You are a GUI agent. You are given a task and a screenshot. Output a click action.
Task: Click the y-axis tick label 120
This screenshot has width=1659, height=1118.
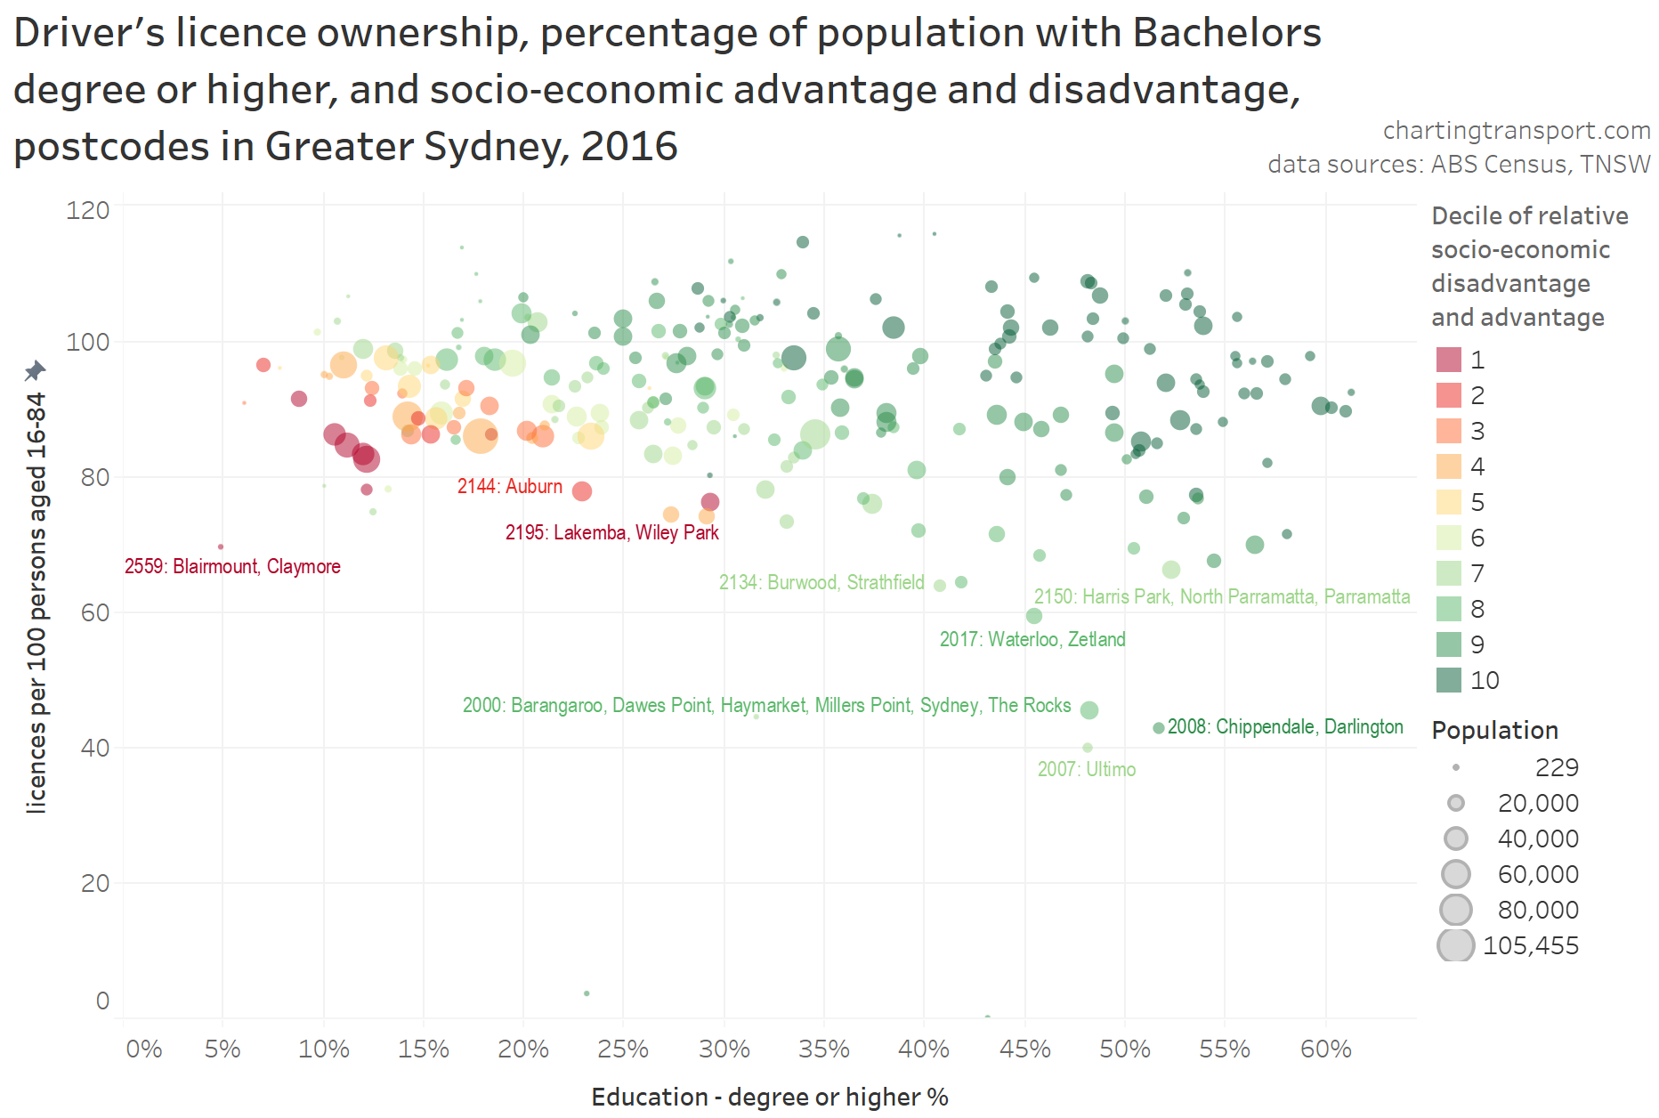(x=87, y=210)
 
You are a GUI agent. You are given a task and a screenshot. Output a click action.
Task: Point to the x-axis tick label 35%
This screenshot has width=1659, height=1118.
(x=823, y=1049)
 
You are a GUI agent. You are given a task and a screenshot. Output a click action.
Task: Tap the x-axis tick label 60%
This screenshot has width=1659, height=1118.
(x=1325, y=1049)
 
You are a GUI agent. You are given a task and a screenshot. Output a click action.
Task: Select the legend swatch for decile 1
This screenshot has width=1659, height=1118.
(x=1448, y=360)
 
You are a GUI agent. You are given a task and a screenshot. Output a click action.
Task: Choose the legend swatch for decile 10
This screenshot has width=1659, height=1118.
(x=1448, y=680)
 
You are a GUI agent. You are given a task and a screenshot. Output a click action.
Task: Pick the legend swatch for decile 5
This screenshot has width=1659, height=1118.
(x=1448, y=502)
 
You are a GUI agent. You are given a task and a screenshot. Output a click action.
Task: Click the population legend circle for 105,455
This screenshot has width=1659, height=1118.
(x=1455, y=945)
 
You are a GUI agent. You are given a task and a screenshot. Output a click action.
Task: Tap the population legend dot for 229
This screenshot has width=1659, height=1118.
(x=1455, y=767)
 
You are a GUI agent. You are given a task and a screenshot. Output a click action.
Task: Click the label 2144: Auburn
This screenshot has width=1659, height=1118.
(x=509, y=486)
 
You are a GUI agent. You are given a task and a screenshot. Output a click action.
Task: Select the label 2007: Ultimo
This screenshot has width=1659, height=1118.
(x=1086, y=769)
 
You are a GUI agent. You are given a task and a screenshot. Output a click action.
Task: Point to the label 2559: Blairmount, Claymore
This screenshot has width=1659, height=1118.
(x=232, y=566)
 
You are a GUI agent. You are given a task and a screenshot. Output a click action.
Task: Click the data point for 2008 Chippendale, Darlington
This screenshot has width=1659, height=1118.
(x=1158, y=728)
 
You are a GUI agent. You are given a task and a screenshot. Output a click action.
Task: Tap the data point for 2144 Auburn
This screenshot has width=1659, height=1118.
(x=582, y=491)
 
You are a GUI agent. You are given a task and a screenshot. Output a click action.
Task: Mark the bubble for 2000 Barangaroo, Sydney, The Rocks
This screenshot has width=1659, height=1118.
(x=1088, y=710)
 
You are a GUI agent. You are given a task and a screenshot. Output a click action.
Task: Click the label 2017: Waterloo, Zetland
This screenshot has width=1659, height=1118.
(x=1032, y=639)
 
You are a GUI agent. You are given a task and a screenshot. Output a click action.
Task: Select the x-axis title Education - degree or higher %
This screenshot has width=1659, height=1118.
(x=769, y=1097)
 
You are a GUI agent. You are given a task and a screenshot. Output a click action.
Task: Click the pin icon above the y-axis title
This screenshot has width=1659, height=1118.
(x=35, y=370)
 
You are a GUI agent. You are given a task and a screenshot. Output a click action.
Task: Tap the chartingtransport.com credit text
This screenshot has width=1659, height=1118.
(x=1516, y=130)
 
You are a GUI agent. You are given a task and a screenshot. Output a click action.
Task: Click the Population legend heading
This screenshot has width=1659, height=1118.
(x=1494, y=730)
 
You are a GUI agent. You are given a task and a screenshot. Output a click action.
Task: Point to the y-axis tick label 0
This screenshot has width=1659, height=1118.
(x=102, y=1001)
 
